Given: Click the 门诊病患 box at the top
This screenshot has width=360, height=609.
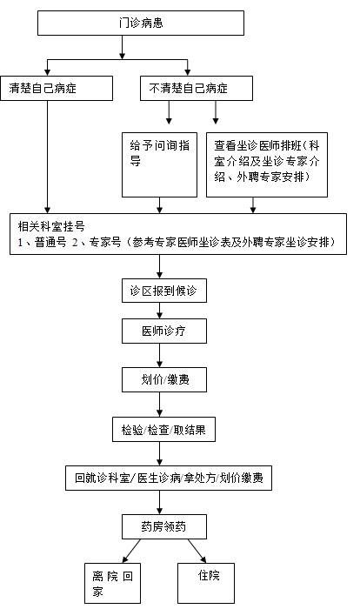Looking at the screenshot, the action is (x=141, y=23).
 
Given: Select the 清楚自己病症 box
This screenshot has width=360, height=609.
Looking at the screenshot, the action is (x=57, y=88).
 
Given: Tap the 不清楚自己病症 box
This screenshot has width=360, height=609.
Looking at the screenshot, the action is (x=197, y=88).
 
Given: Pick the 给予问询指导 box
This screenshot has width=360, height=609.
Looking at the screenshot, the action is (x=159, y=164).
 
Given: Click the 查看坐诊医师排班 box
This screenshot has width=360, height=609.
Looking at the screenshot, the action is (x=267, y=164).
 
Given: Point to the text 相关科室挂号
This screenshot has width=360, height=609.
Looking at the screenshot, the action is (x=51, y=226).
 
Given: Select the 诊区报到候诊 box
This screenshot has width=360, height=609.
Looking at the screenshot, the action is (x=163, y=291).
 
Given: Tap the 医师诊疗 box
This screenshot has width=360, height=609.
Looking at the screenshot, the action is (x=163, y=331).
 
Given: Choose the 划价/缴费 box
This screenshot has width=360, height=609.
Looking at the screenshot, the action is (x=163, y=379).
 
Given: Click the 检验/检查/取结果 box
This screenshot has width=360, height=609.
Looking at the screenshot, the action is (x=163, y=430).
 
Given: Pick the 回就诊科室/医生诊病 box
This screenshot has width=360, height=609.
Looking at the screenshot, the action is (x=169, y=478).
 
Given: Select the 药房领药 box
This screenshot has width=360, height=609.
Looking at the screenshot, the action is (x=163, y=526).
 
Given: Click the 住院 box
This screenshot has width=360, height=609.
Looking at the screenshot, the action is (x=206, y=584).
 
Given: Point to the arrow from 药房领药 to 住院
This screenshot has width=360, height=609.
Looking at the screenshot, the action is (x=197, y=551).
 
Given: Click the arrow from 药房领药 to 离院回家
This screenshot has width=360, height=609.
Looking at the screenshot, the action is (x=131, y=551).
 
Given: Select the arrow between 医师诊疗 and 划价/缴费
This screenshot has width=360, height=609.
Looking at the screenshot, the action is (x=159, y=355).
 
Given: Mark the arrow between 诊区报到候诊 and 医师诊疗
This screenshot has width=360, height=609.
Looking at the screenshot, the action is (x=159, y=311).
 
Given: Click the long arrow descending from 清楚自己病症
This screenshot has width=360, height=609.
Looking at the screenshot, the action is (x=47, y=157).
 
